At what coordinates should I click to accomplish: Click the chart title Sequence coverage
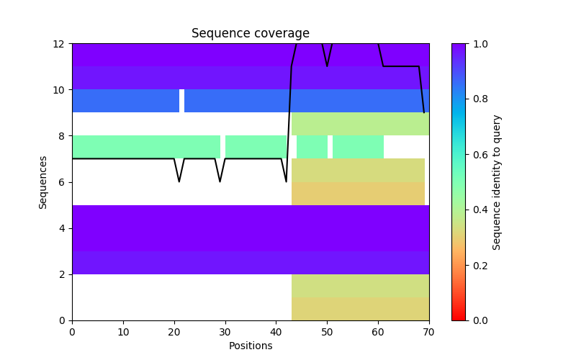(250, 33)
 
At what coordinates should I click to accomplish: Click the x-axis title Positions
(250, 346)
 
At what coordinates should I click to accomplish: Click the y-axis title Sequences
(43, 182)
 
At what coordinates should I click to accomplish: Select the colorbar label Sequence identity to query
(497, 182)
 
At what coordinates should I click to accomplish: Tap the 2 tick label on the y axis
(63, 274)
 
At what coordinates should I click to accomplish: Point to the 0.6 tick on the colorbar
(469, 154)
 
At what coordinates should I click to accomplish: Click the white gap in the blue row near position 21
(181, 101)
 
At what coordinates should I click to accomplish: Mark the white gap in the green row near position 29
(222, 147)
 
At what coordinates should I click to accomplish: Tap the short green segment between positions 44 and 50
(312, 147)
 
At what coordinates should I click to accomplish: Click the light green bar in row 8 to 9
(360, 124)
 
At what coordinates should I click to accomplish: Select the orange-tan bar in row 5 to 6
(358, 193)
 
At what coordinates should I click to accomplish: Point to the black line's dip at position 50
(327, 66)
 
